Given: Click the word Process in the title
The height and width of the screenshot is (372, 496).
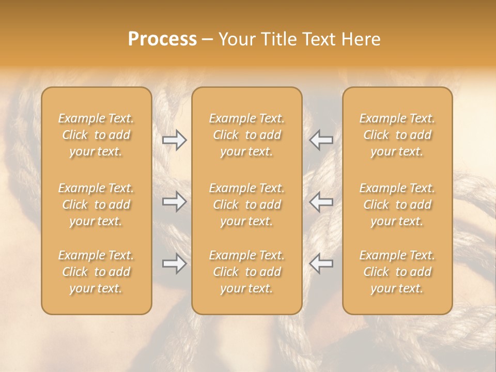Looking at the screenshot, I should point(162,39).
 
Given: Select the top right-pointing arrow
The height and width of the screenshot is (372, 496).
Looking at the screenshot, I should point(174,140).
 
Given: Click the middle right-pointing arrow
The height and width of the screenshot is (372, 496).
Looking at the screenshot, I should point(174,202).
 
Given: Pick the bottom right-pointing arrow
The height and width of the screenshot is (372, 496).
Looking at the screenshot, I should point(174,263).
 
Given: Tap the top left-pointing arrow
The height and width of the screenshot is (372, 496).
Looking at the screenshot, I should point(321,140).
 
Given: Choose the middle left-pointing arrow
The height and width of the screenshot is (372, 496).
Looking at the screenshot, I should point(321,202).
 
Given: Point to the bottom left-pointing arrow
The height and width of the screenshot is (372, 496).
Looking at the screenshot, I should point(321,263).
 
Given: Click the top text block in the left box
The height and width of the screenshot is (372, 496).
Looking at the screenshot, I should point(96,135).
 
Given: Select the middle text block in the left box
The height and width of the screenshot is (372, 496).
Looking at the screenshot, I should point(96,205).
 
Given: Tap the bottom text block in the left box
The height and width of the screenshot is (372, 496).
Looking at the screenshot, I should point(96,272).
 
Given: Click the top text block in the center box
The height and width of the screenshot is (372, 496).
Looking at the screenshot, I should point(246,135).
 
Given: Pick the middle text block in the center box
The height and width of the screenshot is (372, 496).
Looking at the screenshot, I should point(246,205).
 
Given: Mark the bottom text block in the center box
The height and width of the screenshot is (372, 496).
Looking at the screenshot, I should point(246,272).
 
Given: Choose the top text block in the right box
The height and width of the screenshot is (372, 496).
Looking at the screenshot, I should point(397,135).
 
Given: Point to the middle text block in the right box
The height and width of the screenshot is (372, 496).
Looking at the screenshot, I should point(397,205).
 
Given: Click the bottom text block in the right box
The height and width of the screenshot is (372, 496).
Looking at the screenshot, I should point(397,272).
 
